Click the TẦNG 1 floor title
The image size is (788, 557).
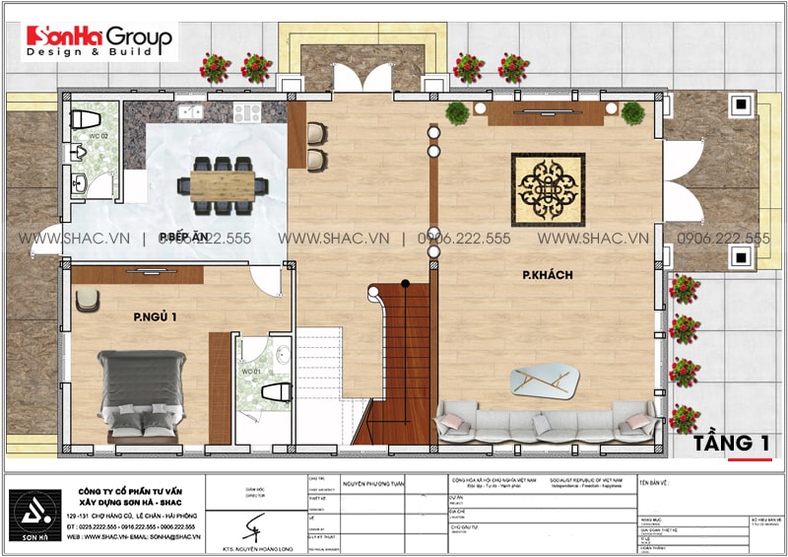[731, 443]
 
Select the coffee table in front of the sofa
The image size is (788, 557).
[547, 379]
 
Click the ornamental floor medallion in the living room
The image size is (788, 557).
[549, 189]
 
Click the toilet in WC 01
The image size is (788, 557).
[270, 391]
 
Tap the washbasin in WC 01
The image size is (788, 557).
[282, 356]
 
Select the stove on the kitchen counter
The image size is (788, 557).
[246, 110]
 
